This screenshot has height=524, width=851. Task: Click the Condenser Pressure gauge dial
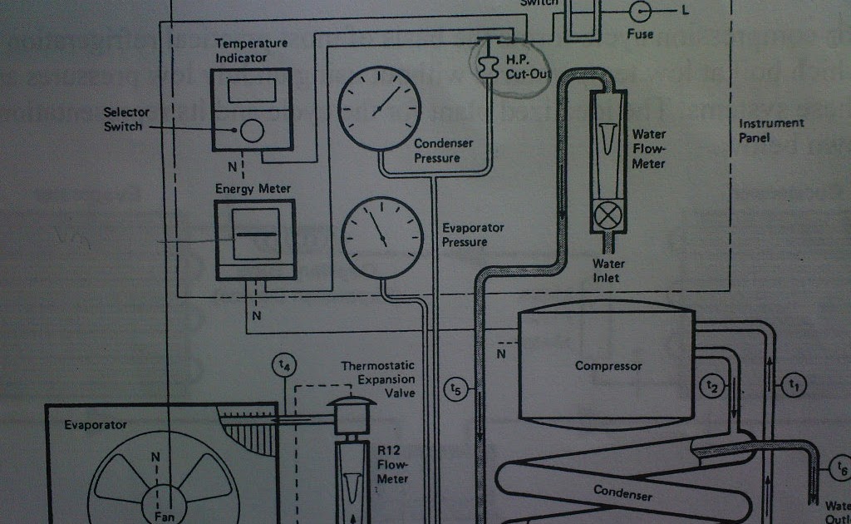(x=379, y=108)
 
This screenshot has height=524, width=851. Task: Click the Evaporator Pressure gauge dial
(x=381, y=237)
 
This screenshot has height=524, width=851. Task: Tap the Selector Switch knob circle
(x=251, y=130)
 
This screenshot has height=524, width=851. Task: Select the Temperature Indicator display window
(x=251, y=90)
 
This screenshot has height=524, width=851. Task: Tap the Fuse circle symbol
(x=640, y=11)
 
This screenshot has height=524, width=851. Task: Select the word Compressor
(x=608, y=366)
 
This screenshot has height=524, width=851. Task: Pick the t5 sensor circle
(x=455, y=388)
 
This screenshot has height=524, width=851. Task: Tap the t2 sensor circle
(x=711, y=386)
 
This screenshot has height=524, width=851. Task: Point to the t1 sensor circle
(x=794, y=384)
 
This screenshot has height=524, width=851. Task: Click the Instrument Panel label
(x=771, y=131)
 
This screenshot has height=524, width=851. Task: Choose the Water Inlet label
(x=608, y=271)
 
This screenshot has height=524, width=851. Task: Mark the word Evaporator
(x=96, y=425)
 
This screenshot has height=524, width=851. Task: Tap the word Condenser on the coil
(x=622, y=492)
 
